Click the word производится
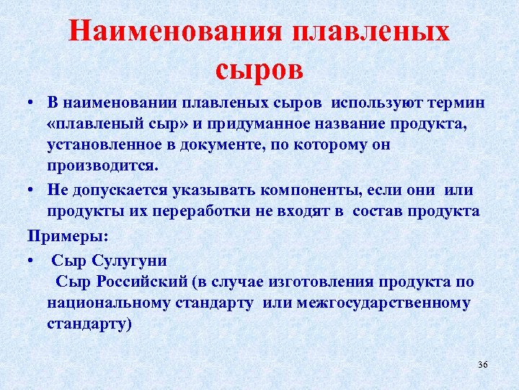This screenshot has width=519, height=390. [101, 165]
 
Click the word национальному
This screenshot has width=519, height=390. [109, 303]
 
